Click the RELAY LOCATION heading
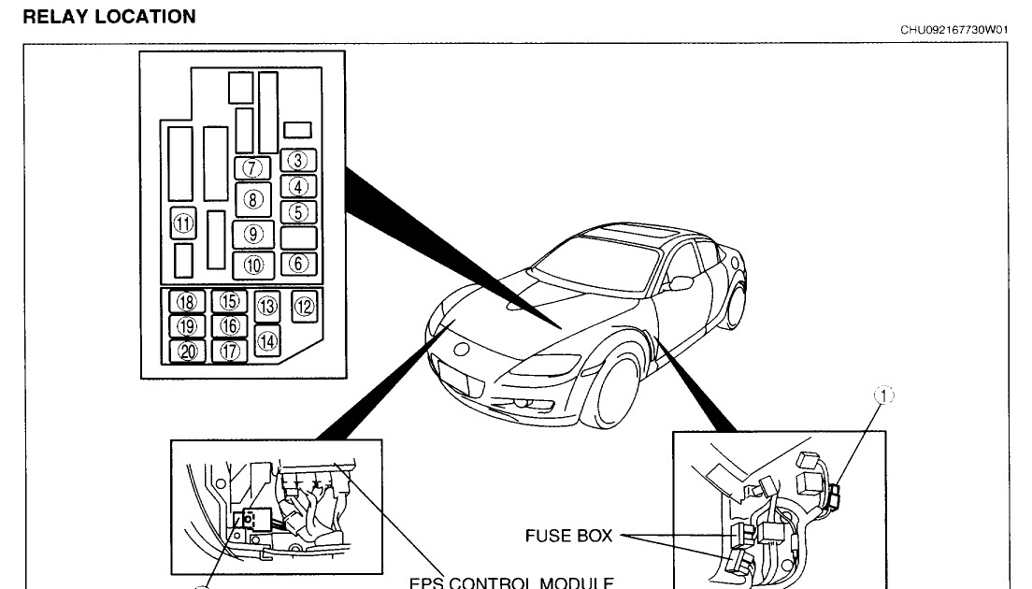[x=108, y=17]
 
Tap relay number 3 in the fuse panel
[x=298, y=161]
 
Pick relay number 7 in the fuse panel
[x=252, y=168]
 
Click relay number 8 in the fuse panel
[x=252, y=198]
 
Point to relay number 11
[x=182, y=224]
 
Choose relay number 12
[x=305, y=304]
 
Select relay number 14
[x=267, y=341]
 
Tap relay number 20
[x=187, y=352]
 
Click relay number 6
[x=298, y=264]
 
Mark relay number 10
[x=253, y=265]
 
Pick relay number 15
[x=229, y=302]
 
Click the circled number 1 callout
[x=883, y=396]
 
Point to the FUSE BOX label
[x=568, y=536]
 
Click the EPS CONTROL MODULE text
[x=510, y=582]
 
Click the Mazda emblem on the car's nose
[x=461, y=350]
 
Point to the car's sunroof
[x=638, y=231]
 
